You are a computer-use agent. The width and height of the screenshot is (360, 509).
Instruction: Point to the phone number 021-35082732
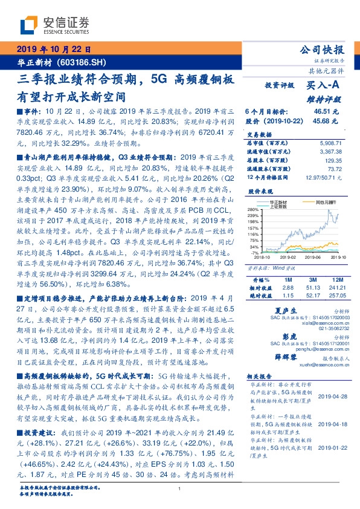tap(322, 330)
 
